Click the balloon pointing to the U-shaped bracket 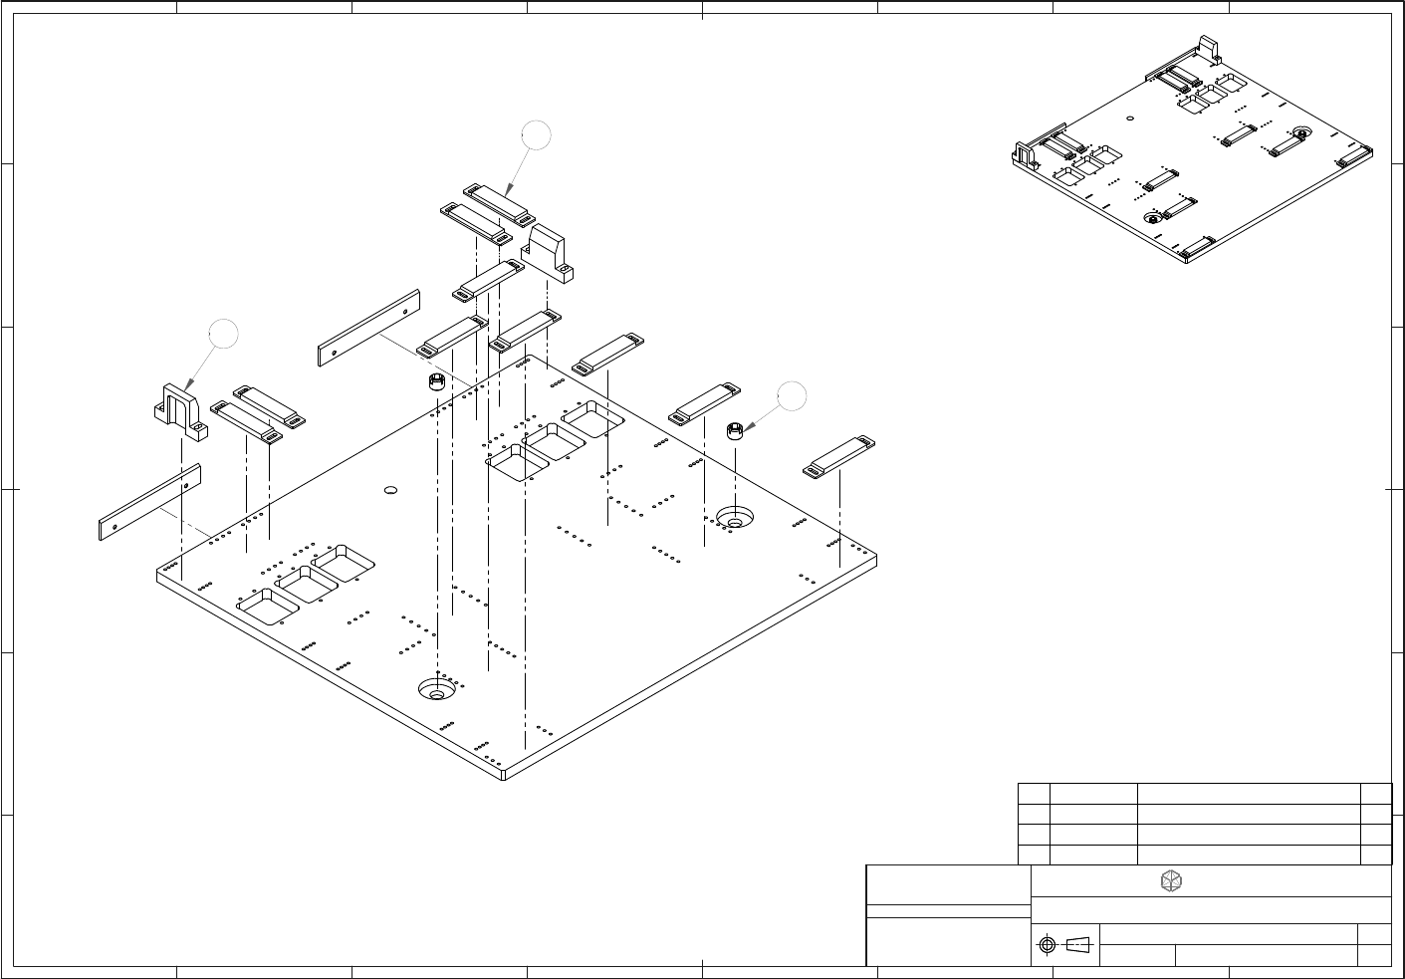coord(224,335)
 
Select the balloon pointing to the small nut coord(792,395)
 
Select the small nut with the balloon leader coord(735,431)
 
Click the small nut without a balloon coord(435,383)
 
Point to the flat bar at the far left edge coord(150,502)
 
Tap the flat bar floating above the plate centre coord(368,328)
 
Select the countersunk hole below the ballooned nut coord(735,518)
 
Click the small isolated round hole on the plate coord(390,490)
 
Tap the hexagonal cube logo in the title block coord(1172,881)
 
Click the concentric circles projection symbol coord(1047,945)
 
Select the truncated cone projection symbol coord(1077,944)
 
